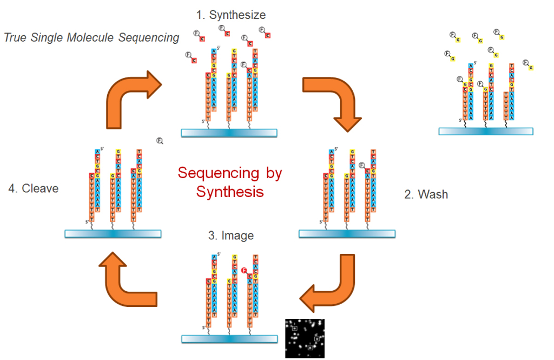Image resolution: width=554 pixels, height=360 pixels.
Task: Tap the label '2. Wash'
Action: pos(426,194)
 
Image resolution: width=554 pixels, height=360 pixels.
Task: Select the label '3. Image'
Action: pos(230,235)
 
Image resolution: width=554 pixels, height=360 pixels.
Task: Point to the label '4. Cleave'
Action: pos(34,189)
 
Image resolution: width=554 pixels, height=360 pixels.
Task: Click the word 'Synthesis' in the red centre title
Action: pos(230,192)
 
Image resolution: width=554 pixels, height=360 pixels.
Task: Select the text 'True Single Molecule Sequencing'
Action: pos(91,37)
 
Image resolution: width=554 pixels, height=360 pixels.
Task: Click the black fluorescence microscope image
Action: pos(305,338)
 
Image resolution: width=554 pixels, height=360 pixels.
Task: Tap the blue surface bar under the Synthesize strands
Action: pos(229,133)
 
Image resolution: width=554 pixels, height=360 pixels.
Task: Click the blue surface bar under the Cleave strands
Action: pos(113,233)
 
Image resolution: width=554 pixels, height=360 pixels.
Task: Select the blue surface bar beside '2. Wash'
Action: pos(347,233)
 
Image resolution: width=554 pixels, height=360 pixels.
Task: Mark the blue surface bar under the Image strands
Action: pos(229,338)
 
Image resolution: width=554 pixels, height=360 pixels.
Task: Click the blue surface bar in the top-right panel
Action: pos(486,131)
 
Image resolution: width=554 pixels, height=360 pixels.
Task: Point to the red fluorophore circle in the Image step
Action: pos(245,270)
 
